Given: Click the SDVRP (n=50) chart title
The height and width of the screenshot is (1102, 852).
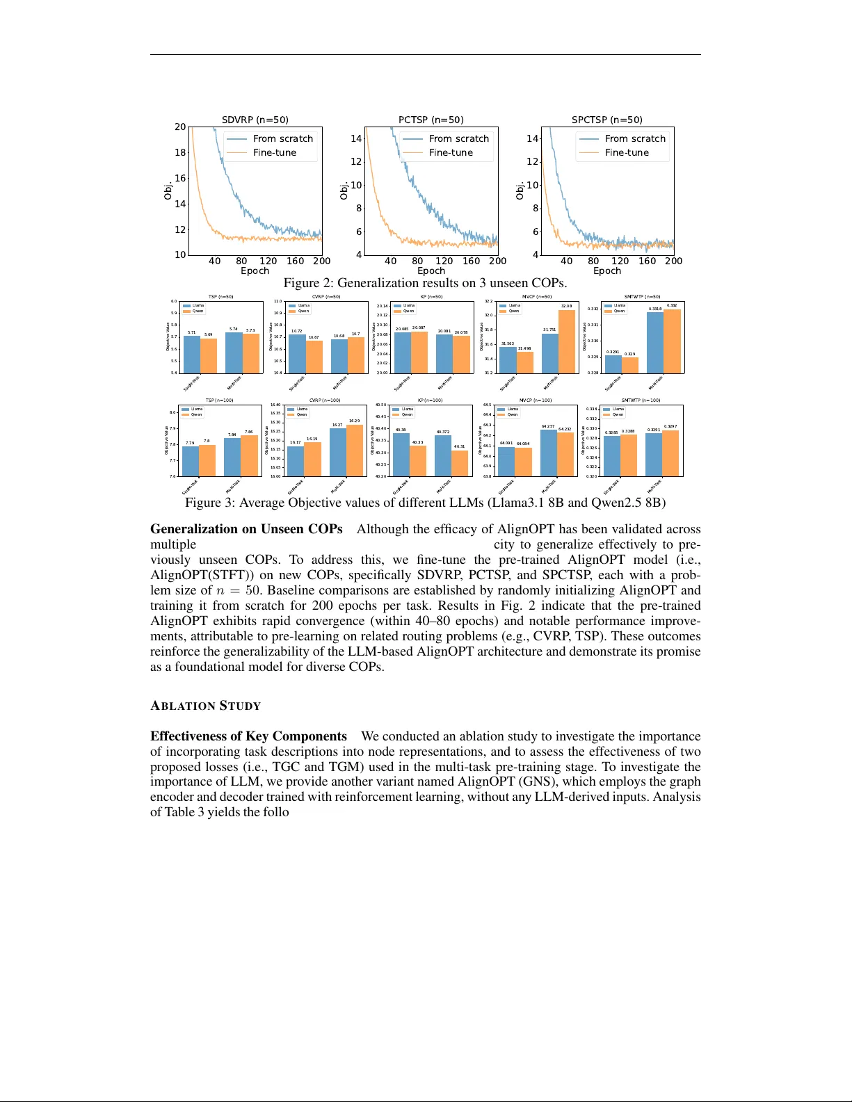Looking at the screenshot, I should pos(255,120).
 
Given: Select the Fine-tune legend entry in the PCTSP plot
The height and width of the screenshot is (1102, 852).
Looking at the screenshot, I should pos(450,152).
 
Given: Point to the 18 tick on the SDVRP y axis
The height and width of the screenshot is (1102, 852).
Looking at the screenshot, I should pos(180,152).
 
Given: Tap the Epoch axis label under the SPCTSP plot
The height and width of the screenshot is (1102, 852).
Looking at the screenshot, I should pos(606,271).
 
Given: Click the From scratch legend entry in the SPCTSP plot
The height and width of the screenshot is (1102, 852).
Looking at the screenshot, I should pos(634,138).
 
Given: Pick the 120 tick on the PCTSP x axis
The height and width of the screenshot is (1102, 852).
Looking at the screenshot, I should pos(444,261).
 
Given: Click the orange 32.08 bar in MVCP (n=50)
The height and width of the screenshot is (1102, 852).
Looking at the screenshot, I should pos(567,341).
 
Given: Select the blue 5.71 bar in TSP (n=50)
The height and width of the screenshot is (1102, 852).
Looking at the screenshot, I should pos(192,355).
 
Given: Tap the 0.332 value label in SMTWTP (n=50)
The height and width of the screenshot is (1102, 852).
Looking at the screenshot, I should pos(672,305).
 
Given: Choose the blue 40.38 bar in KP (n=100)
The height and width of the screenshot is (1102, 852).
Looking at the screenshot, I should pos(401,455).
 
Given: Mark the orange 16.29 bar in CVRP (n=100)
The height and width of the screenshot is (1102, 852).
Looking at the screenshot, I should pos(355,451).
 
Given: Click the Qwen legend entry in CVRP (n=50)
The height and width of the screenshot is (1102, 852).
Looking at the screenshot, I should pos(304,311).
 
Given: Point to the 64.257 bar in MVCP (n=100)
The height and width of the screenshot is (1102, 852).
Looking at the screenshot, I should pos(549,453).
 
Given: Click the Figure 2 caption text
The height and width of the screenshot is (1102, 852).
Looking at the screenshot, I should pos(425,283).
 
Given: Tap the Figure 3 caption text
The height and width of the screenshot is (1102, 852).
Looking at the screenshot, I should pos(425,503).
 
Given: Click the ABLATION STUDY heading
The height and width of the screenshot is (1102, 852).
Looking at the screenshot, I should pos(205,706).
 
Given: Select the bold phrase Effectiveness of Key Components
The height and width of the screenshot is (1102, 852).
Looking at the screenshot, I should pos(248,736).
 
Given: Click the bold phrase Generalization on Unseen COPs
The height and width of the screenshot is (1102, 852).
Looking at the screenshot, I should pos(246,529).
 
